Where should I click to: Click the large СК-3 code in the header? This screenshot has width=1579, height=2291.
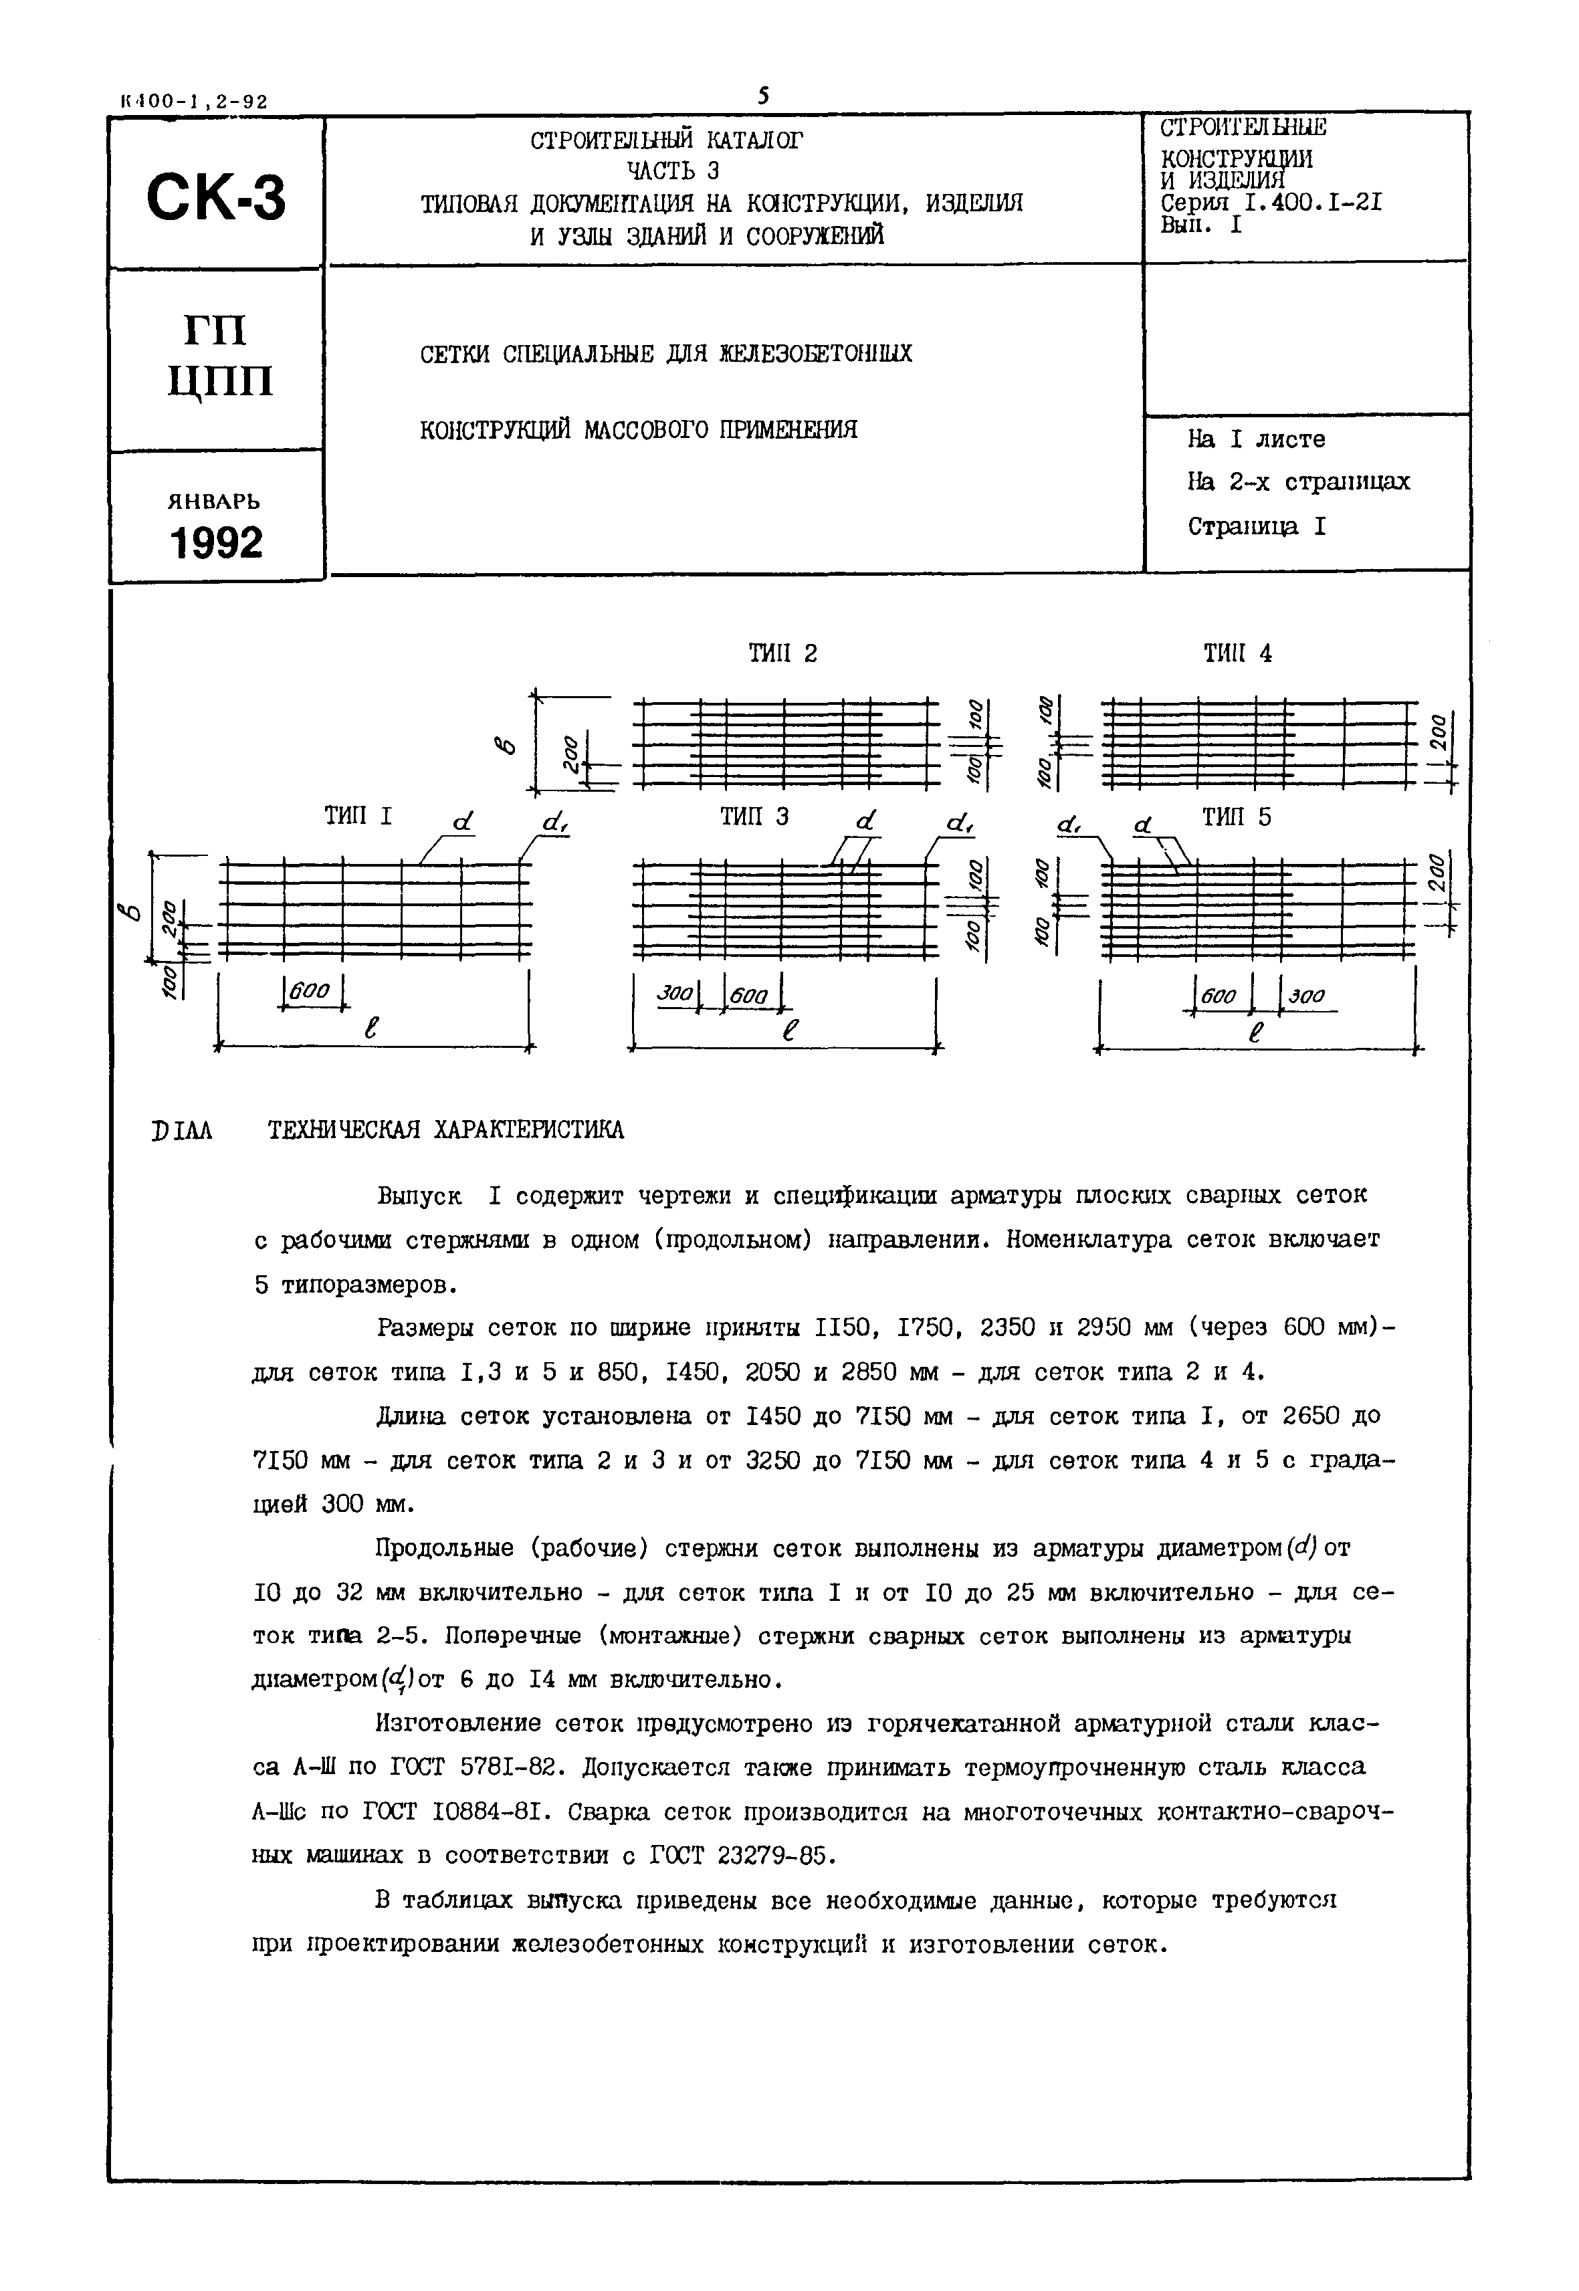pos(215,197)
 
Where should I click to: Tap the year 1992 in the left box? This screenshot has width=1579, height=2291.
pos(217,542)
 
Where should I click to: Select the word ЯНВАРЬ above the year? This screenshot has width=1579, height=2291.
pos(215,501)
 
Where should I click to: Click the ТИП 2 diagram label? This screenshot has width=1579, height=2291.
pos(782,654)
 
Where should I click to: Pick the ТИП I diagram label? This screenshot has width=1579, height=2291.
pos(358,817)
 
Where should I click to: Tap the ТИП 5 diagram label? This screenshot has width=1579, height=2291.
pos(1237,817)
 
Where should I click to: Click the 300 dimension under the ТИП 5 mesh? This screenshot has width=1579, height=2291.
pos(1307,996)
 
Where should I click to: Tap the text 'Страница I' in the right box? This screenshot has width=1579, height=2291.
pos(1257,526)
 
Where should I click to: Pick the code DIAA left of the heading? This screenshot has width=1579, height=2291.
pos(183,1131)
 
